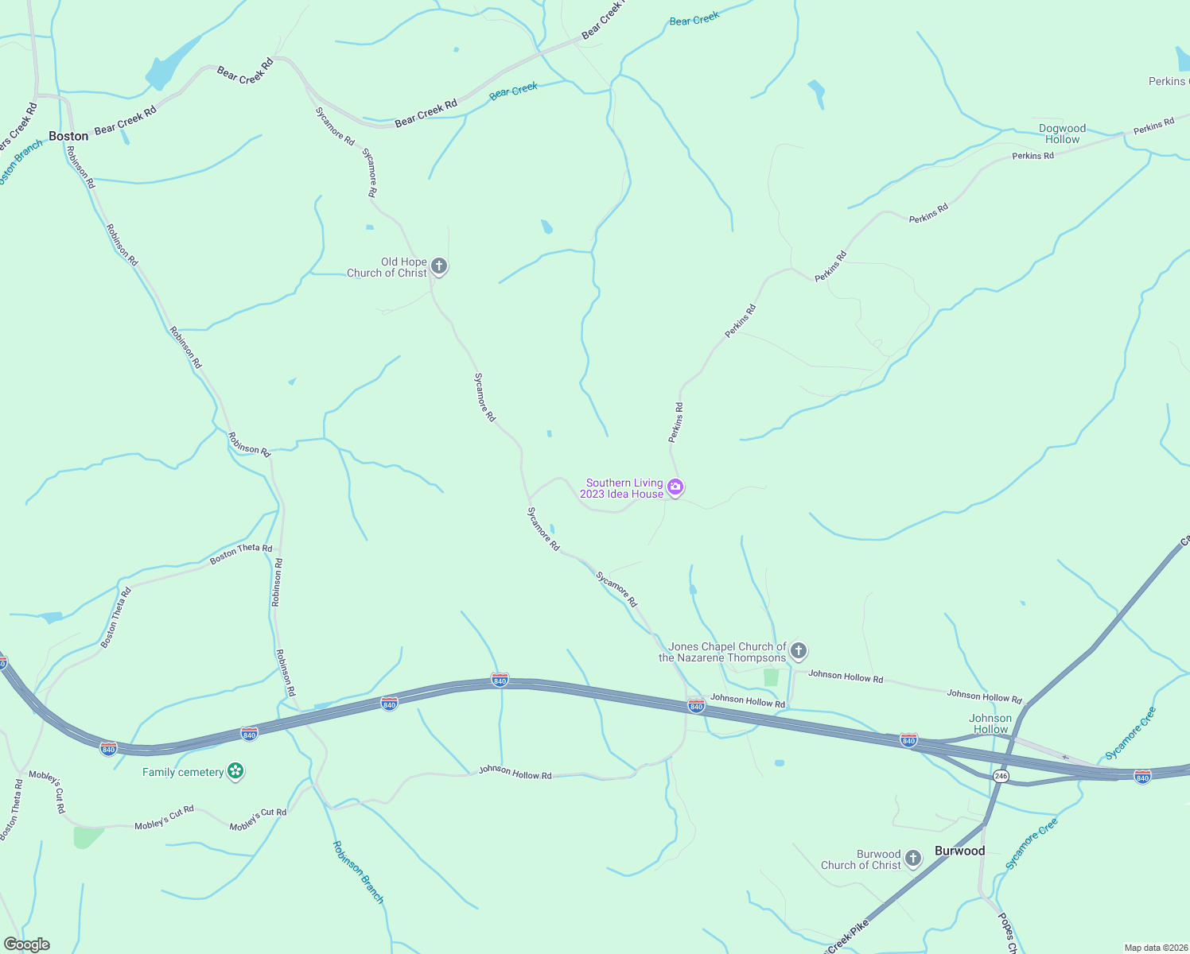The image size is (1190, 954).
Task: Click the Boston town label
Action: (68, 136)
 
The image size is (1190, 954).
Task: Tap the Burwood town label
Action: (959, 851)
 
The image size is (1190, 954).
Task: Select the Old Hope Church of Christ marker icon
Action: (439, 266)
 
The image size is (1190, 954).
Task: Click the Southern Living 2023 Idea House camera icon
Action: (675, 487)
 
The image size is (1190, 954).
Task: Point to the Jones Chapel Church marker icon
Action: (799, 651)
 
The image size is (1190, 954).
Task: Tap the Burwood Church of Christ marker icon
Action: (913, 859)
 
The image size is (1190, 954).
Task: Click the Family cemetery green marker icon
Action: (235, 771)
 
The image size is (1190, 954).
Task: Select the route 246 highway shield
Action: (1001, 776)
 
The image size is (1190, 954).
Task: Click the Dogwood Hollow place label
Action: (1062, 134)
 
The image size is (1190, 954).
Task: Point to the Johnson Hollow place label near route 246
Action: (990, 723)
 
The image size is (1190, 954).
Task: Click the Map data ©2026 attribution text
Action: (1156, 948)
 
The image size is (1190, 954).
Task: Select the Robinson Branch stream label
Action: (358, 872)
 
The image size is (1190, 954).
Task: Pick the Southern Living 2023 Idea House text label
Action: (622, 488)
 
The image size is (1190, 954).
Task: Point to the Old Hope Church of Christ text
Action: (387, 267)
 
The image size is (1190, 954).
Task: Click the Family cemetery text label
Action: (183, 772)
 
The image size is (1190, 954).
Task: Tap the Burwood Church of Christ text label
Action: (861, 859)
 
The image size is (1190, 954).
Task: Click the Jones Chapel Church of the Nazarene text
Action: (722, 652)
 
